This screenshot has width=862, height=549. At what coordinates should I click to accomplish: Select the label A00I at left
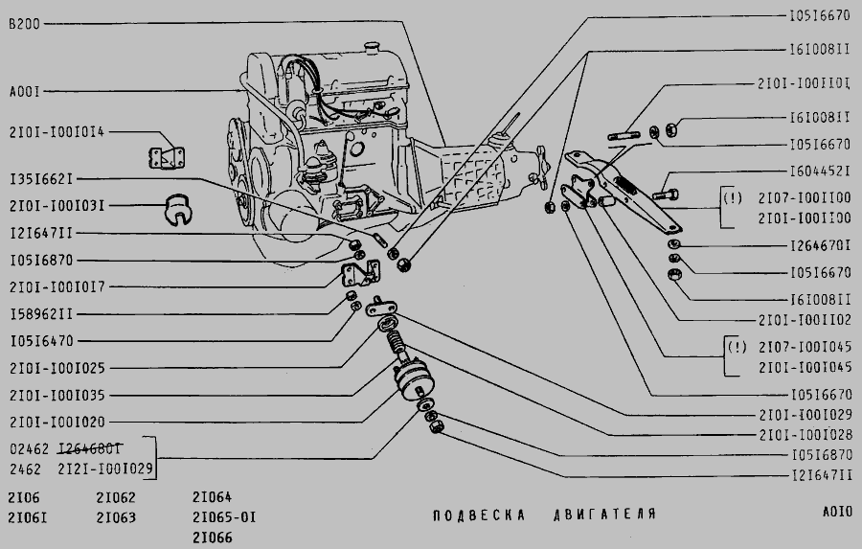(x=24, y=92)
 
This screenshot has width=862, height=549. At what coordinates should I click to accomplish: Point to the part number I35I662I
(x=41, y=179)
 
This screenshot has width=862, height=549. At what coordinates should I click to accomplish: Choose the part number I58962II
(x=41, y=313)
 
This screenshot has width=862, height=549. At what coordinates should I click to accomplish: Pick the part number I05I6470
(x=41, y=340)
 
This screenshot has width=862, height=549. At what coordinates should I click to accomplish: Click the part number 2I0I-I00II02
(x=805, y=319)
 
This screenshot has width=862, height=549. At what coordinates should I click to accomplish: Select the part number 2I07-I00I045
(x=805, y=346)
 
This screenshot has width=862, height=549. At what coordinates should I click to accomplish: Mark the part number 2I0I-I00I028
(x=805, y=434)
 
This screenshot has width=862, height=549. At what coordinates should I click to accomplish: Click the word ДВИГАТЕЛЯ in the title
(x=603, y=515)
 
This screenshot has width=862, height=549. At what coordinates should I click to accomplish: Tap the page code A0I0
(x=836, y=513)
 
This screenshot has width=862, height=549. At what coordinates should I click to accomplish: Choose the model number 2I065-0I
(x=224, y=518)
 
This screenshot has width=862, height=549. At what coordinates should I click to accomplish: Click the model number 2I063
(x=116, y=518)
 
